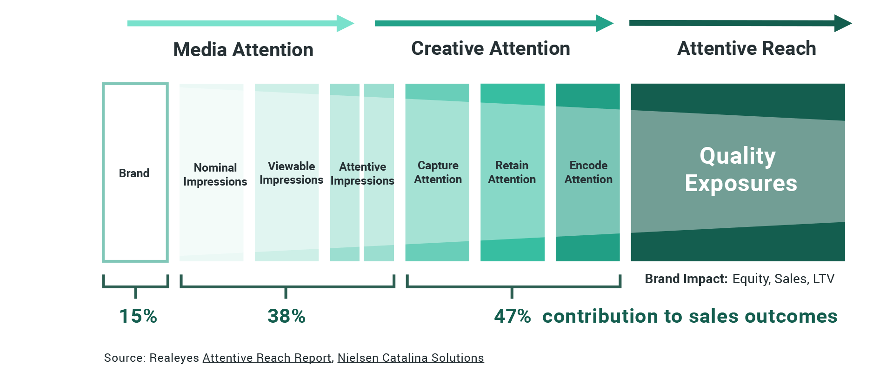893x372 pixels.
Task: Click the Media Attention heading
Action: (243, 50)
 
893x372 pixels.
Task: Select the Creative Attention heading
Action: (490, 48)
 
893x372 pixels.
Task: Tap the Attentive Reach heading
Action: (746, 48)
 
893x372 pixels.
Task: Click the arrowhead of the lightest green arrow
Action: (345, 23)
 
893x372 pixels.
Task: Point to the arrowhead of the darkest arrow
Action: (842, 23)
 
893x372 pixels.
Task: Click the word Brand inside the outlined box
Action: (134, 173)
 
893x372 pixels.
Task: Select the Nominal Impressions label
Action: (215, 174)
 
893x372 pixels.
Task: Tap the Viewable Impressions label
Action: (291, 173)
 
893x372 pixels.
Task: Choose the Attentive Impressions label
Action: (362, 173)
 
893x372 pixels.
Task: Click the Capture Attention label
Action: (438, 173)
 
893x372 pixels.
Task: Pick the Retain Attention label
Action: (512, 173)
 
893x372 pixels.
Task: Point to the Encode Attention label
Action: (588, 173)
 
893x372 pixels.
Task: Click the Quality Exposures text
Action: (740, 169)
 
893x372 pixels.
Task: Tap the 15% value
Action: (138, 316)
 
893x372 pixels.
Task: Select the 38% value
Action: (287, 316)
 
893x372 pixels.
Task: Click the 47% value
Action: (512, 316)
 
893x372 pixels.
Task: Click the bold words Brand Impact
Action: (686, 279)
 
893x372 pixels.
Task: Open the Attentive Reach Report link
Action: (267, 358)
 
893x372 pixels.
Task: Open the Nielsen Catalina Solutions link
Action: (410, 358)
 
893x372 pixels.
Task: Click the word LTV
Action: (823, 279)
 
